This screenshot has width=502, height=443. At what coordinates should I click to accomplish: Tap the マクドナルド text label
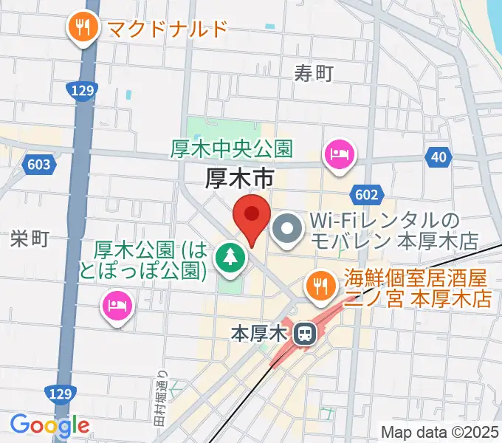pos(167,30)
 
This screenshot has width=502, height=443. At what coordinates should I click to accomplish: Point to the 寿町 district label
pos(314,73)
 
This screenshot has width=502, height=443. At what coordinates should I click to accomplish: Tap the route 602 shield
pos(370,194)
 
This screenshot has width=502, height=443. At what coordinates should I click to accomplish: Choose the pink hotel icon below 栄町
pos(117,304)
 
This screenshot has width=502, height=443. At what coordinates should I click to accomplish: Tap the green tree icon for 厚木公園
pos(230,258)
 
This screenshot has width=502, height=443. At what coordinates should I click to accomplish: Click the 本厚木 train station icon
pos(303,334)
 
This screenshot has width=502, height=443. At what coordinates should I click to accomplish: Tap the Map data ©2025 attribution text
pos(439,430)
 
